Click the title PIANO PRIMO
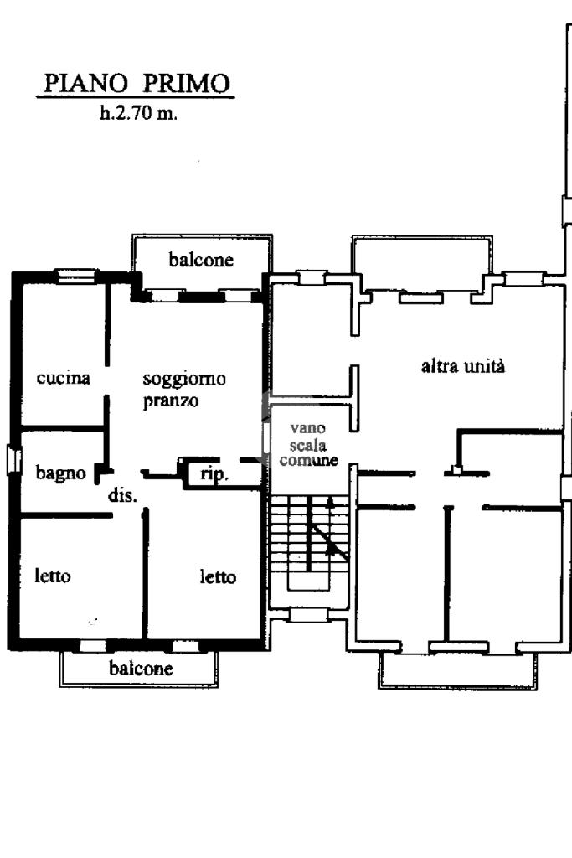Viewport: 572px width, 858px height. pyautogui.click(x=137, y=84)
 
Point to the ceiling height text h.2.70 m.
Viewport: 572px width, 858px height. pyautogui.click(x=138, y=113)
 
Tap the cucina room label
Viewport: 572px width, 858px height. pyautogui.click(x=64, y=378)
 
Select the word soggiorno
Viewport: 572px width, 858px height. pyautogui.click(x=184, y=380)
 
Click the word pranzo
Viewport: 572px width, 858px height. pyautogui.click(x=171, y=401)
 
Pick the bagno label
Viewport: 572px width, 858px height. pyautogui.click(x=60, y=473)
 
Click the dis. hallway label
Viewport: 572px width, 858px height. pyautogui.click(x=122, y=495)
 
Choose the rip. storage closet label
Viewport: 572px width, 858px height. pyautogui.click(x=214, y=474)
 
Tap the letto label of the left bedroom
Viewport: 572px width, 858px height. pyautogui.click(x=53, y=576)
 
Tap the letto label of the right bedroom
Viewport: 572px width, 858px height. pyautogui.click(x=219, y=576)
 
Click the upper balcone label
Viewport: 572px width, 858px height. pyautogui.click(x=201, y=259)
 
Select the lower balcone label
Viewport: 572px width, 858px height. pyautogui.click(x=141, y=668)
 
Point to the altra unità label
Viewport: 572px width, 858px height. pyautogui.click(x=462, y=366)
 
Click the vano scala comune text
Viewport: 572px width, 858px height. pyautogui.click(x=308, y=444)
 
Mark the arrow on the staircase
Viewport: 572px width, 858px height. pyautogui.click(x=330, y=526)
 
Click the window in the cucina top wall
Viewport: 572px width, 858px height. pyautogui.click(x=77, y=276)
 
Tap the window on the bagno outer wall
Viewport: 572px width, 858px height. pyautogui.click(x=13, y=459)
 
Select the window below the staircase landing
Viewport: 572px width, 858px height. pyautogui.click(x=307, y=616)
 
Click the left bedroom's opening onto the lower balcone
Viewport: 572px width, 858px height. pyautogui.click(x=93, y=646)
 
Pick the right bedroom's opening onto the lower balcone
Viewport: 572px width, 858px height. pyautogui.click(x=186, y=646)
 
